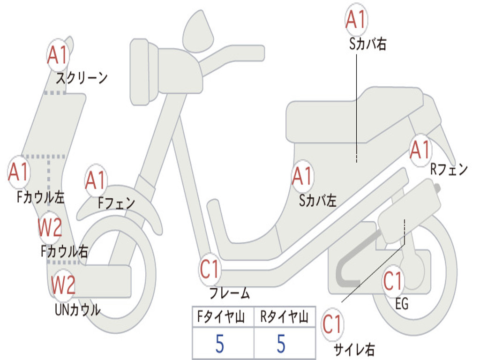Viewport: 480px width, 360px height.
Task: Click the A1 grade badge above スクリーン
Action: [x=58, y=55]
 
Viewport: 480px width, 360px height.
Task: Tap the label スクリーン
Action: [x=82, y=77]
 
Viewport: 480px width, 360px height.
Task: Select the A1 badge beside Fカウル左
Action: [x=19, y=172]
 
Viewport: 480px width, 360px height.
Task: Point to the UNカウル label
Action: [x=77, y=310]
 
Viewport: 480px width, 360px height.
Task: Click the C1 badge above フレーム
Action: [x=210, y=270]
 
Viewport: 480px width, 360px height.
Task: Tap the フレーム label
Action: [x=230, y=294]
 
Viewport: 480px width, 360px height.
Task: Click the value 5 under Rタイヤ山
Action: [x=281, y=344]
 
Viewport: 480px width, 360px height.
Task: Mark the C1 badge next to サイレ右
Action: [x=333, y=325]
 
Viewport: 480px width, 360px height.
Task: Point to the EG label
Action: [x=402, y=304]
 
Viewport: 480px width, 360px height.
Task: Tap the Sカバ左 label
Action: [x=318, y=201]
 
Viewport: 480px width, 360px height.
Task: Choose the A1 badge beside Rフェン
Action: [x=420, y=150]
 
